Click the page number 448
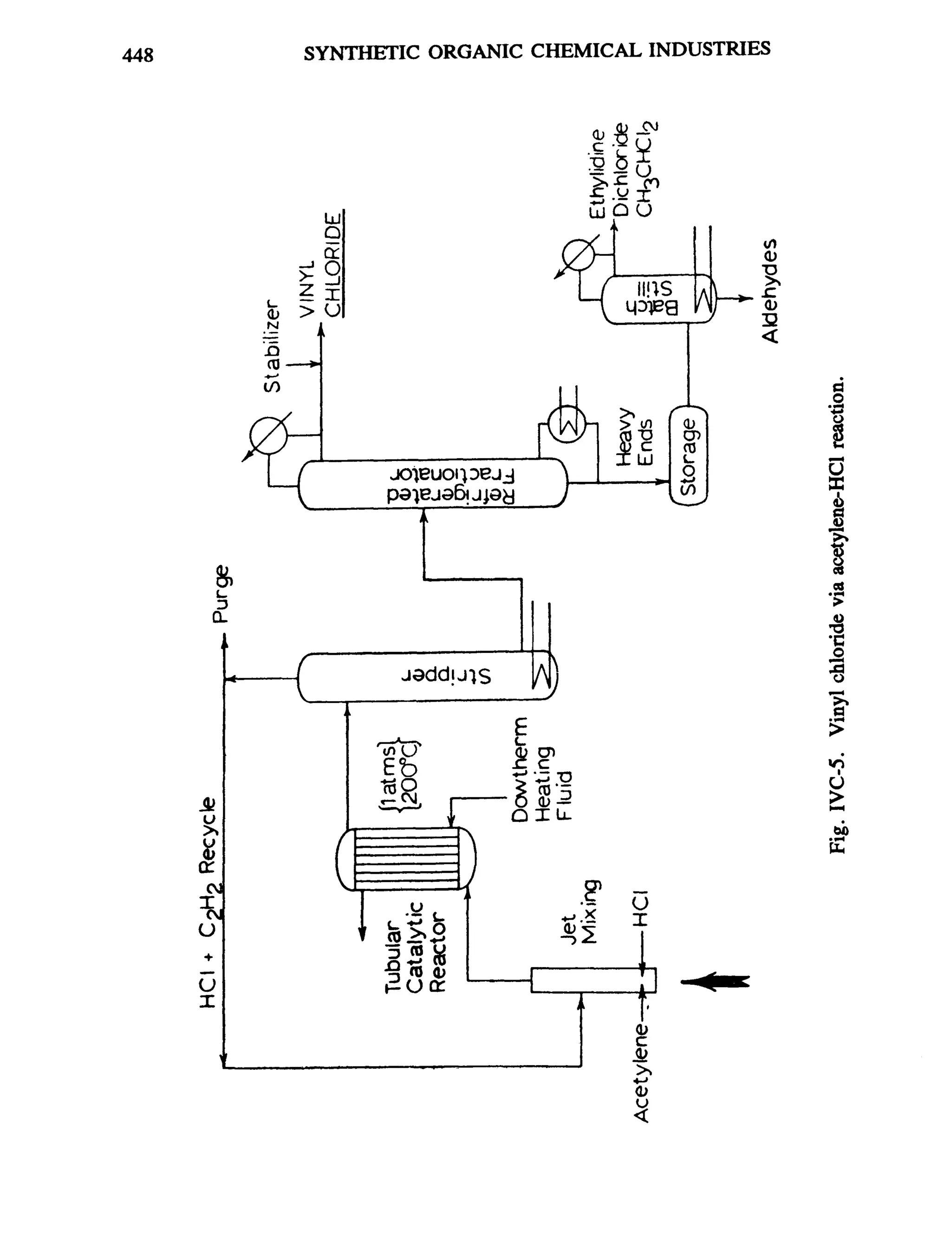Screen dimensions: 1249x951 [137, 55]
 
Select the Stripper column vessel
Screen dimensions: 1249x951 [427, 677]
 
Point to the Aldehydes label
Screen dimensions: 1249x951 [770, 291]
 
